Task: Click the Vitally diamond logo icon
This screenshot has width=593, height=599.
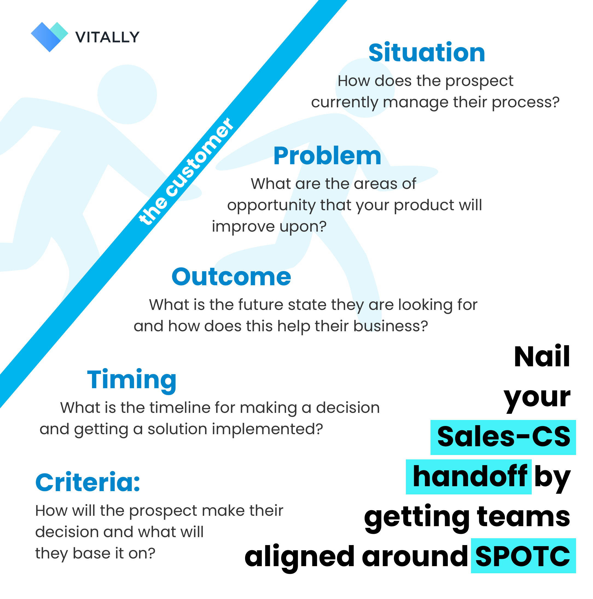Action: [x=49, y=37]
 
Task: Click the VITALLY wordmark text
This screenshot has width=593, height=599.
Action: [x=107, y=38]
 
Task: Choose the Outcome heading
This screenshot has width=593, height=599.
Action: [x=231, y=277]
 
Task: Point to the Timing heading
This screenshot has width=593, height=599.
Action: [x=132, y=380]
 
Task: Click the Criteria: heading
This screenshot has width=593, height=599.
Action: [x=88, y=483]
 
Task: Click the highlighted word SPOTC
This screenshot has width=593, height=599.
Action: [x=522, y=557]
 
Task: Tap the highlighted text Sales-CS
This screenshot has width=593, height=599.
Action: [x=503, y=437]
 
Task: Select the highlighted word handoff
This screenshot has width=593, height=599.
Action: [x=469, y=477]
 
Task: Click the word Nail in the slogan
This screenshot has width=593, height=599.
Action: [x=542, y=357]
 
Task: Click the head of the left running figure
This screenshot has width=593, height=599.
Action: [x=127, y=94]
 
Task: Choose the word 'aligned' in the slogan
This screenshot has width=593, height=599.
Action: [x=299, y=557]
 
